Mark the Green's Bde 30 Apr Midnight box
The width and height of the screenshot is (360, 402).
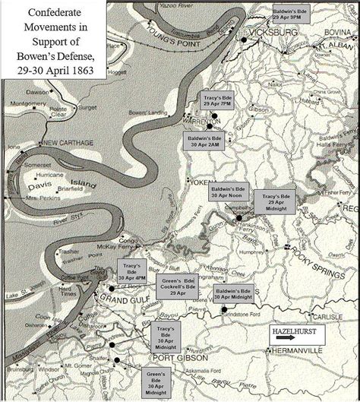click(159, 380)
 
